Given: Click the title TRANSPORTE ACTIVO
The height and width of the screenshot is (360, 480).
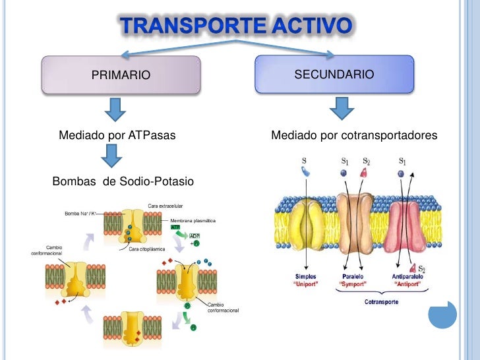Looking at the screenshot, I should click(x=235, y=26).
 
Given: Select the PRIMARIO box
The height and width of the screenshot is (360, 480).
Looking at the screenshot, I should click(x=121, y=75).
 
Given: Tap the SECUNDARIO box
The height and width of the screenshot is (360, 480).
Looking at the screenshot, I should click(x=334, y=75).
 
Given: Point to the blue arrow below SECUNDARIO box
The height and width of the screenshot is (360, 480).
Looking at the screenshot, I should click(x=341, y=108).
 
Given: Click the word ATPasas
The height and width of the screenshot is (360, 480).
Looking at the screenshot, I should click(x=152, y=136).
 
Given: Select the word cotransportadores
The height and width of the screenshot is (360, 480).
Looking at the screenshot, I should click(x=390, y=136).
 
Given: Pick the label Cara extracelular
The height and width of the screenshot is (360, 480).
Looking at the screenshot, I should click(x=165, y=206).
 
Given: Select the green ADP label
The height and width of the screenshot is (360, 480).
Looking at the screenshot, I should click(x=195, y=235).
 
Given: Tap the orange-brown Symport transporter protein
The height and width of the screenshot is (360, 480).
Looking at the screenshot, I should click(x=355, y=225).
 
